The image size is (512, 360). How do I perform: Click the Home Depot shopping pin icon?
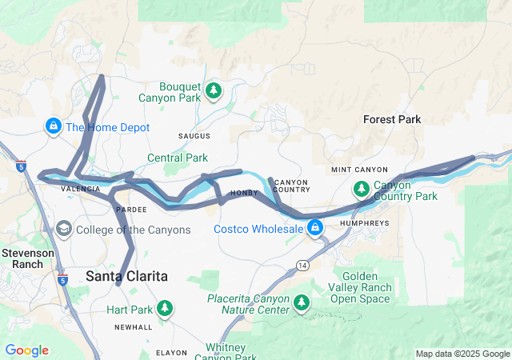pyautogui.click(x=53, y=126)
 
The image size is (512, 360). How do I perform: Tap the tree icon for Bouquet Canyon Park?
pyautogui.click(x=213, y=90)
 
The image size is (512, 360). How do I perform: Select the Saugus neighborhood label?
pyautogui.click(x=194, y=136)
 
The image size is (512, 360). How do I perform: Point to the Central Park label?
pyautogui.click(x=177, y=158)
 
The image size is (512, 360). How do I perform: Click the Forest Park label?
pyautogui.click(x=392, y=119)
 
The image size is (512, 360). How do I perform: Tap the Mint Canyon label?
pyautogui.click(x=359, y=170)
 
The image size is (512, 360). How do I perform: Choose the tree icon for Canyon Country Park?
pyautogui.click(x=362, y=189)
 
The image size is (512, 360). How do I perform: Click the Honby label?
pyautogui.click(x=245, y=193)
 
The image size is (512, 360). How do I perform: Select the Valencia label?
pyautogui.click(x=81, y=189)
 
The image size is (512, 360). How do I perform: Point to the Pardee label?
pyautogui.click(x=130, y=209)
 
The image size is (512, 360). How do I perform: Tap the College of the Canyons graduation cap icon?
pyautogui.click(x=62, y=230)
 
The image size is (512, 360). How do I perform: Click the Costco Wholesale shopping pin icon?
pyautogui.click(x=316, y=229)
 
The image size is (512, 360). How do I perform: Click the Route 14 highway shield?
pyautogui.click(x=302, y=265)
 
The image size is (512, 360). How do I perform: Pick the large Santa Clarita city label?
pyautogui.click(x=126, y=276)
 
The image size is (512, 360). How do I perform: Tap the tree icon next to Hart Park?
pyautogui.click(x=165, y=308)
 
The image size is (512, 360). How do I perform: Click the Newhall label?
pyautogui.click(x=132, y=327)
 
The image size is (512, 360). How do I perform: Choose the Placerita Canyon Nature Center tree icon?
pyautogui.click(x=302, y=302)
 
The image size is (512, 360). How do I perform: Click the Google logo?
pyautogui.click(x=26, y=350)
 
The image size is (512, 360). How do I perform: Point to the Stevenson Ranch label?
pyautogui.click(x=27, y=258)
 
